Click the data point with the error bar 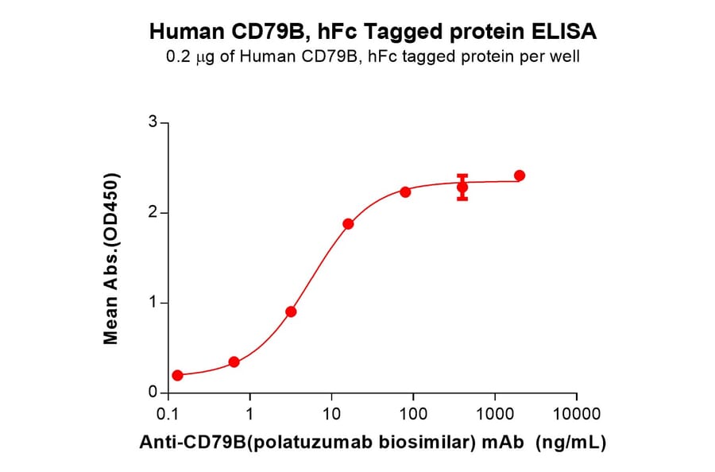[462, 188]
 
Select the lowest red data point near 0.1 [177, 375]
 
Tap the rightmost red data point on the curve [520, 176]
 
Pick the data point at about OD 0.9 [291, 311]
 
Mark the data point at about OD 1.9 [348, 224]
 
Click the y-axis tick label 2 [153, 213]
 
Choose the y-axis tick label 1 [153, 303]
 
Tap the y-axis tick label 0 [153, 393]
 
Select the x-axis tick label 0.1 [168, 414]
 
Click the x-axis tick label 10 [332, 414]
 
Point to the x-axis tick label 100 [413, 414]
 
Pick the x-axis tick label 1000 [495, 414]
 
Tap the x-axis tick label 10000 [577, 414]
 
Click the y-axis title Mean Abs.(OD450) [112, 258]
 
